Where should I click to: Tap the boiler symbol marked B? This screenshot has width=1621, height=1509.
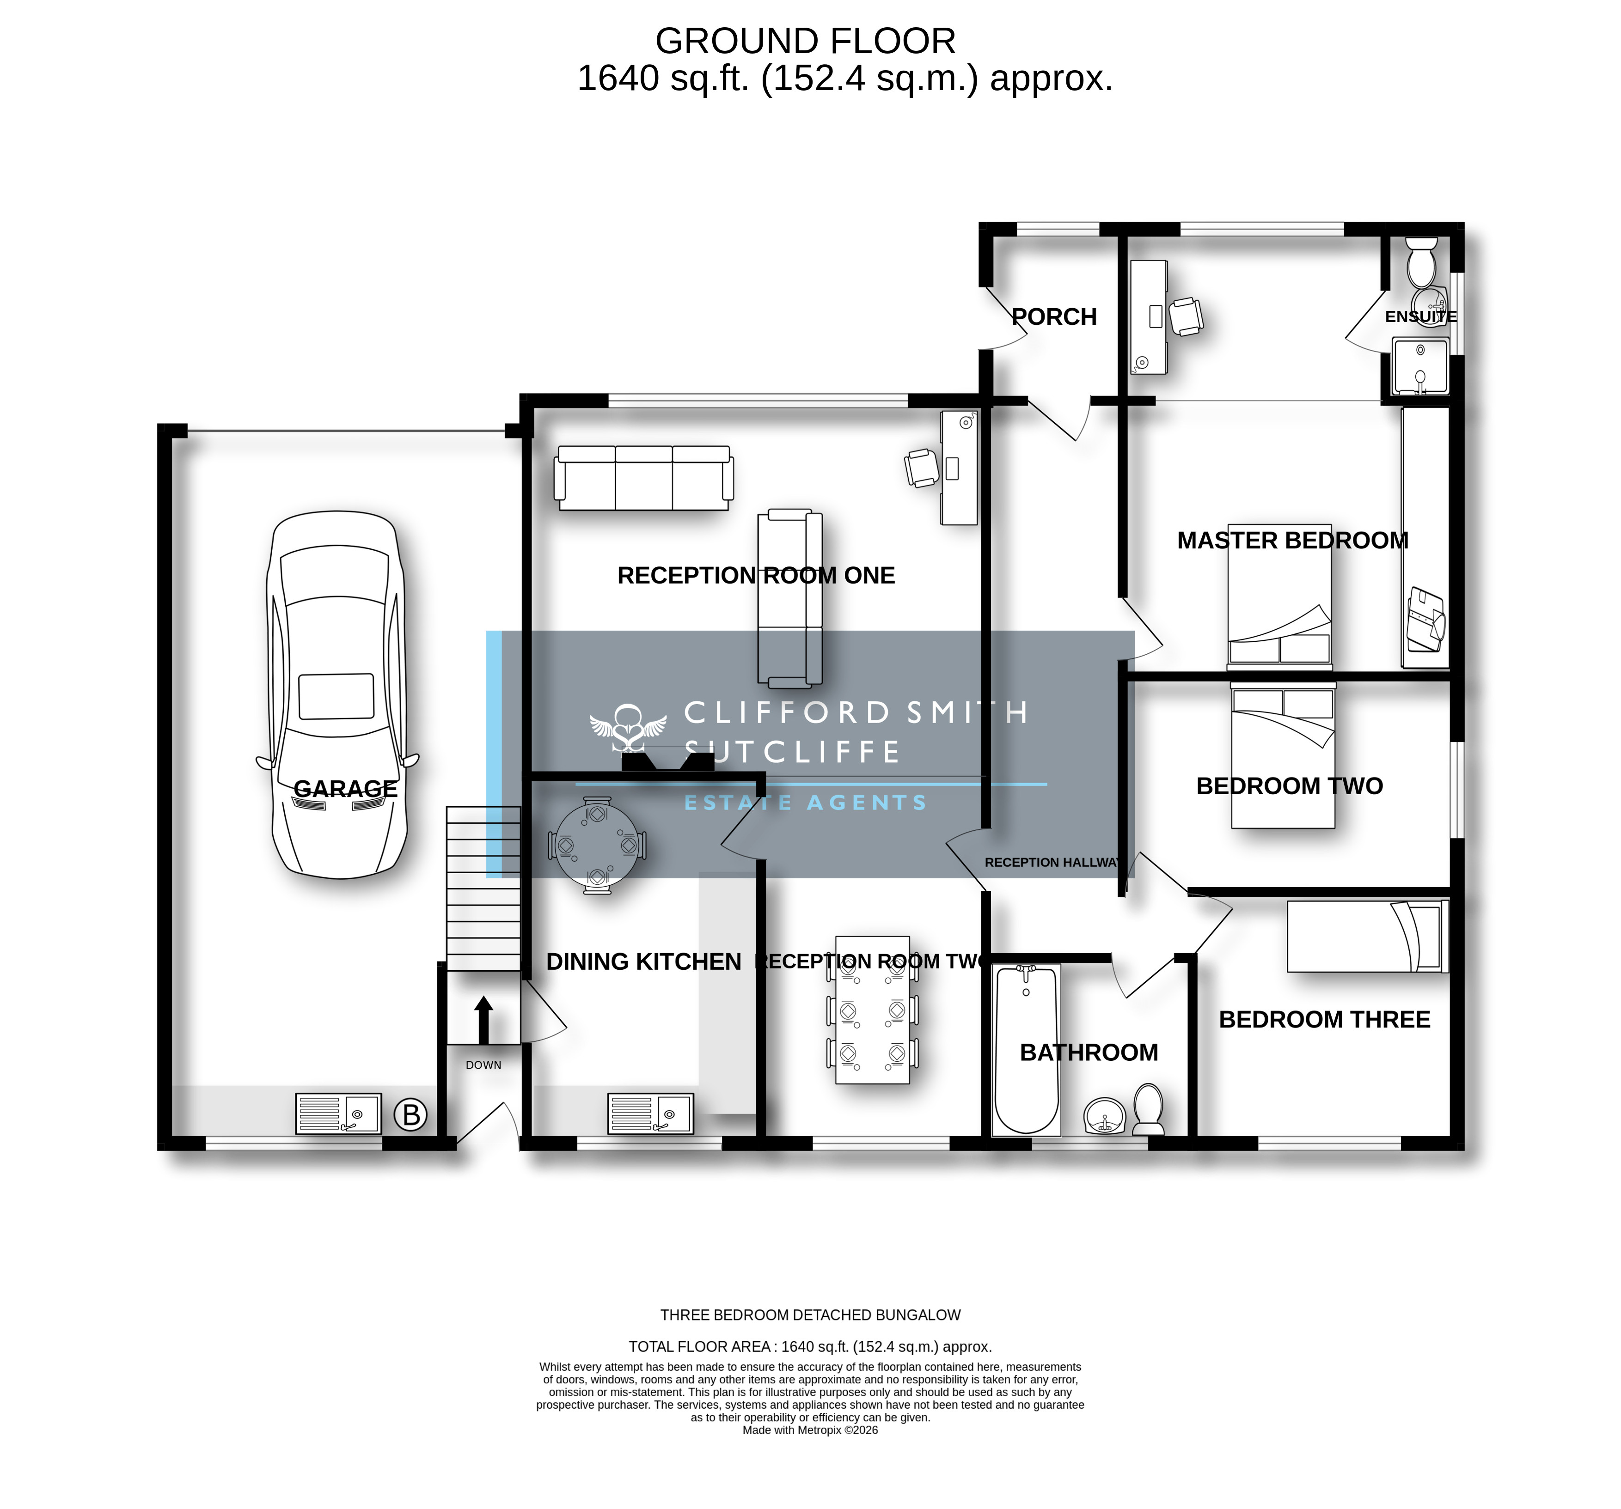coord(411,1114)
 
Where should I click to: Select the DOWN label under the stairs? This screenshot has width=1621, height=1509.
coord(483,1065)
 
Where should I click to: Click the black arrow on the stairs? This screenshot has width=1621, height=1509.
coord(483,1019)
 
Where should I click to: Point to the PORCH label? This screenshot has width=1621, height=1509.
coord(1054,316)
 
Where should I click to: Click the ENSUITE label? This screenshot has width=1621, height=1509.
coord(1420,316)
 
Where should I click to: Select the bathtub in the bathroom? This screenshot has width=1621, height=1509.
coord(1027,1050)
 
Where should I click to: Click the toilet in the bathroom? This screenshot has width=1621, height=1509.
coord(1149,1109)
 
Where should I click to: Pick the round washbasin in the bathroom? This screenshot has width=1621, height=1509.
coord(1105,1115)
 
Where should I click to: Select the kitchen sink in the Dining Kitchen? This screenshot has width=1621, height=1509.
coord(651,1113)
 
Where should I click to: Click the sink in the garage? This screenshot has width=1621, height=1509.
coord(337,1113)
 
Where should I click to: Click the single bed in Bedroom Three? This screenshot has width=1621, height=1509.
coord(1367,936)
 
